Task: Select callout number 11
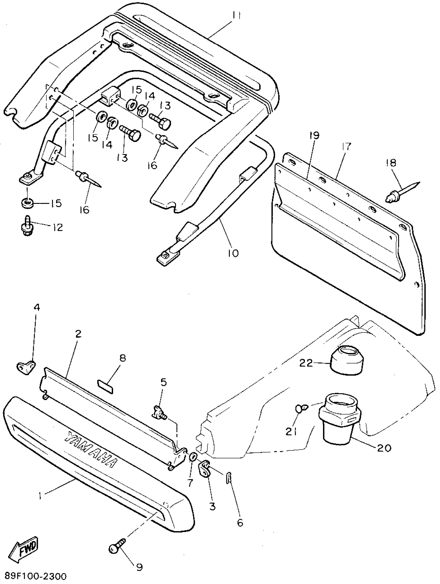coord(236,16)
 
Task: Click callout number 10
coord(233,253)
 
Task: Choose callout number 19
coord(315,136)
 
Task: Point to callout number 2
coord(78,335)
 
